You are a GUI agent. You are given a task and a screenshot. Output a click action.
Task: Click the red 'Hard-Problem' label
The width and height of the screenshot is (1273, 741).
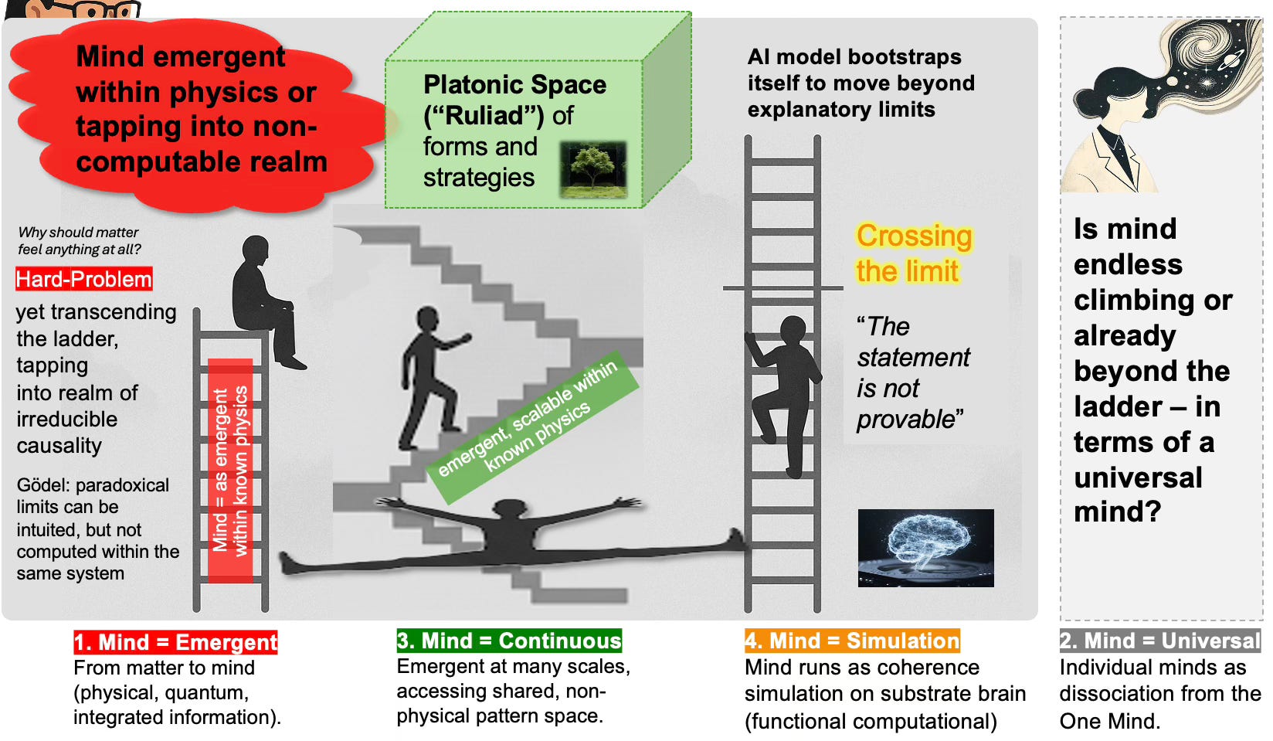click(x=83, y=279)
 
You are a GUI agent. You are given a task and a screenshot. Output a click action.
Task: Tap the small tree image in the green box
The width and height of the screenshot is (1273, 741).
click(x=592, y=168)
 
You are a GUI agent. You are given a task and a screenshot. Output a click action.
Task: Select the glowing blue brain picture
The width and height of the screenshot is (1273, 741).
click(x=925, y=547)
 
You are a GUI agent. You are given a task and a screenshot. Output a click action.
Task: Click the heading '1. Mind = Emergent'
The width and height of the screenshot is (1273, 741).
click(x=175, y=642)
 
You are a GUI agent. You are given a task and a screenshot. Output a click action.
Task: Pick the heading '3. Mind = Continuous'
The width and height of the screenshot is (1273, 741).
click(x=509, y=641)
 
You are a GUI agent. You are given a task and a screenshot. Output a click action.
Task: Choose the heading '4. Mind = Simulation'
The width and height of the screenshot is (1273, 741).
click(x=852, y=641)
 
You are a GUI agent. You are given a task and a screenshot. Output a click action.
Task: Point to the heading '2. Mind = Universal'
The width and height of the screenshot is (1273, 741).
click(x=1159, y=641)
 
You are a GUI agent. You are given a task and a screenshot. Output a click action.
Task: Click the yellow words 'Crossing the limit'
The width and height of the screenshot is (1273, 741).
click(x=913, y=253)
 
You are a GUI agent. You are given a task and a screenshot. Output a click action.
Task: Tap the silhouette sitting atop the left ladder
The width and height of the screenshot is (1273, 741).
click(x=264, y=301)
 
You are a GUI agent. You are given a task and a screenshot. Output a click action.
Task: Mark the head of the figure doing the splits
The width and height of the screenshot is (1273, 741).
click(x=509, y=511)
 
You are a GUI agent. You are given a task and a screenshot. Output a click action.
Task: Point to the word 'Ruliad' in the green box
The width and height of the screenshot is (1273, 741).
click(x=484, y=116)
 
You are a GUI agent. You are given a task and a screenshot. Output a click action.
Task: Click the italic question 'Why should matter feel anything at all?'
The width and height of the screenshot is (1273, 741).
click(x=79, y=240)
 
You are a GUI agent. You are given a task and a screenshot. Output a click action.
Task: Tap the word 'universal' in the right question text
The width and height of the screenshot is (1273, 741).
click(x=1138, y=478)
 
